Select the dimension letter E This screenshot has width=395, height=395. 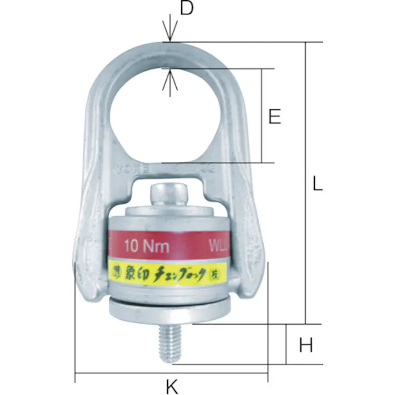[x=274, y=116]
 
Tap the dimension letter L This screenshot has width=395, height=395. [x=316, y=184]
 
